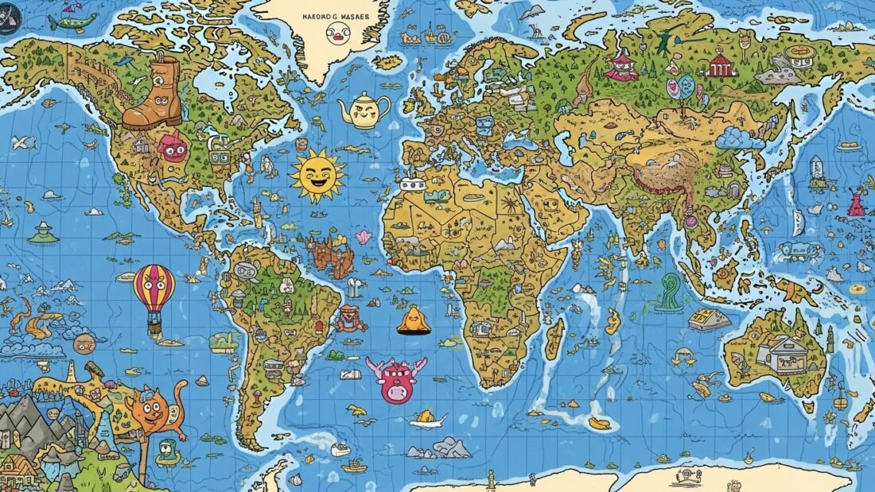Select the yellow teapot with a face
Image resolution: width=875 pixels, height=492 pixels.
point(363,110)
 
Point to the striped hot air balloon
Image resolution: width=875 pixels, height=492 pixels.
point(154,288)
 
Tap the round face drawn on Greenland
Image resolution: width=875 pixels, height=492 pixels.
point(337,33)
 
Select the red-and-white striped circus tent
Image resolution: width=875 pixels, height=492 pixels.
point(720,63)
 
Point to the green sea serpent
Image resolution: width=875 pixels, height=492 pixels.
point(670,292)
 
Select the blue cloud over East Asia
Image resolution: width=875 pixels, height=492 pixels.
point(740,139)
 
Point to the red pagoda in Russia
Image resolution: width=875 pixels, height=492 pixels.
point(621,66)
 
